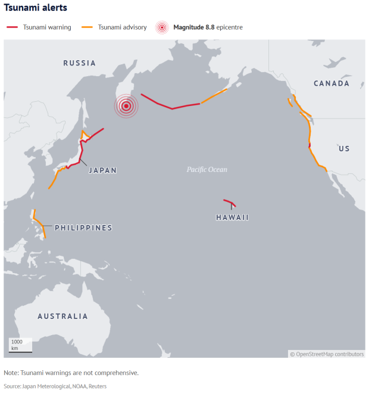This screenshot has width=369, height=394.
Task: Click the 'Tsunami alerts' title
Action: (35, 8)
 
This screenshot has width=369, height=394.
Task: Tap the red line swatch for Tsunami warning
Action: (12, 27)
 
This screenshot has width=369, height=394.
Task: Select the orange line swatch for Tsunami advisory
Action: (87, 27)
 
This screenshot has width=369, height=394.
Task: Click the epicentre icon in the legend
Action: (161, 27)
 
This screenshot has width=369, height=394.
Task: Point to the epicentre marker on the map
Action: (126, 107)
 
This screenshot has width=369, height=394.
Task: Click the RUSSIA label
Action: (79, 63)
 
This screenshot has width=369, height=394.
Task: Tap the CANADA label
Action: (331, 83)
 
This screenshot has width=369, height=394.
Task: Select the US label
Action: (344, 149)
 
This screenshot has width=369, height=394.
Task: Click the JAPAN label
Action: (102, 170)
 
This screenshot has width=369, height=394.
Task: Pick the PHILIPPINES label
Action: (83, 228)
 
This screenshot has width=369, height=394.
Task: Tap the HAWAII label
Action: (232, 218)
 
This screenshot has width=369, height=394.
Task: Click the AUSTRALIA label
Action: (62, 317)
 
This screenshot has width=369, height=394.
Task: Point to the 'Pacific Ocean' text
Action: (207, 170)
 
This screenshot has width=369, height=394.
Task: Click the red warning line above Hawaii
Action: (230, 202)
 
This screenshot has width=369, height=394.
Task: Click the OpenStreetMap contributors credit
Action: (327, 354)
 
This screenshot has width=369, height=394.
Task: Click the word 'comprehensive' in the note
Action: (113, 373)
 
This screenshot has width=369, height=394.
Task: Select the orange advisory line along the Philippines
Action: (39, 223)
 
